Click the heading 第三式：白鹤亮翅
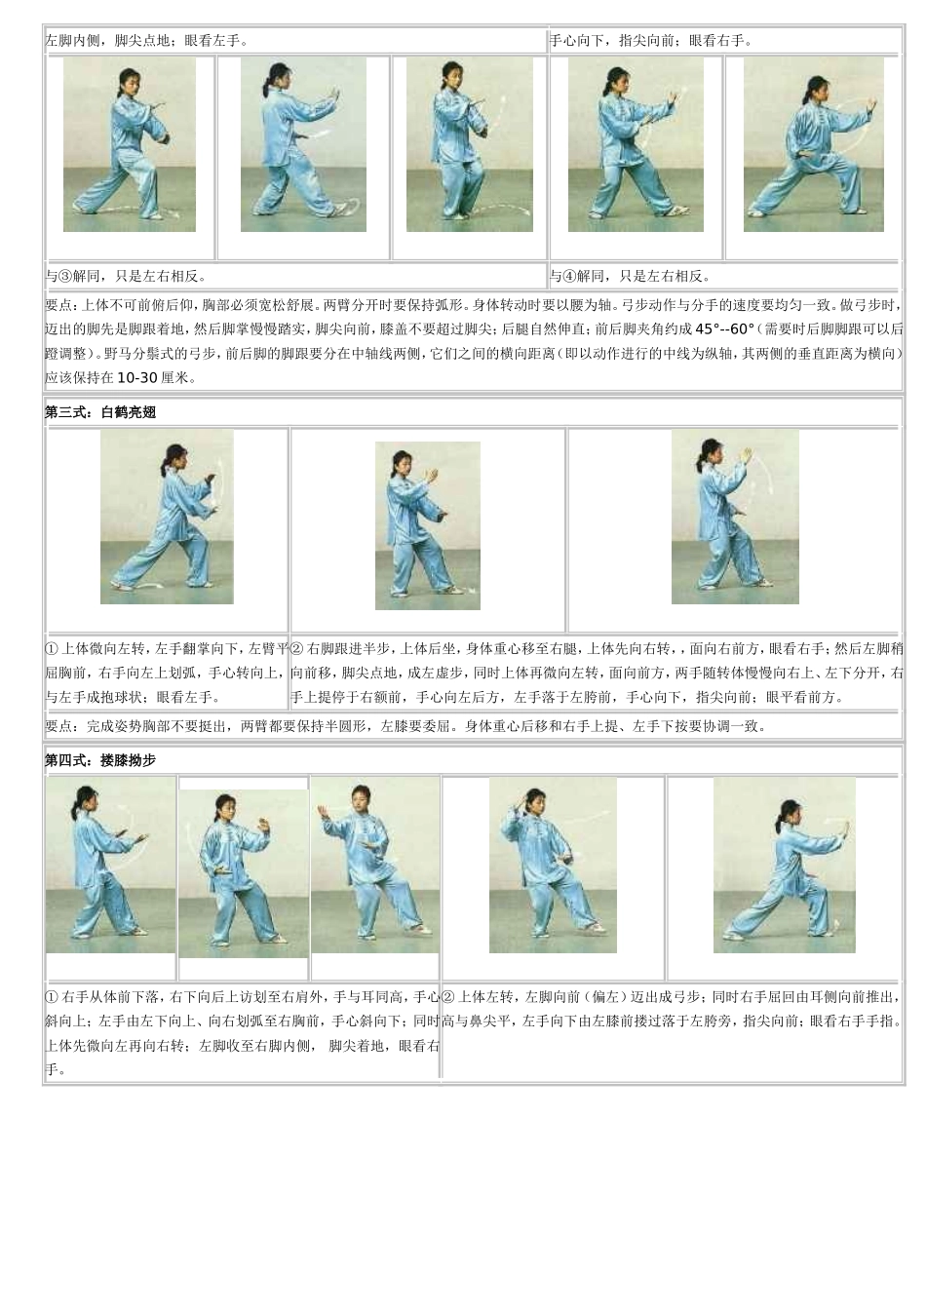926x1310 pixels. click(100, 412)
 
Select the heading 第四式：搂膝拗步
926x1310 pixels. click(100, 760)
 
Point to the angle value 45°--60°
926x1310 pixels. click(725, 329)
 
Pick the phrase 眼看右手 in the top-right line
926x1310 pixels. click(719, 41)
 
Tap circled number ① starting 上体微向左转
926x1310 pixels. click(53, 648)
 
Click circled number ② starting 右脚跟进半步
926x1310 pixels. click(297, 648)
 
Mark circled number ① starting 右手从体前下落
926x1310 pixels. click(53, 997)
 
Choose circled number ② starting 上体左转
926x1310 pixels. click(448, 997)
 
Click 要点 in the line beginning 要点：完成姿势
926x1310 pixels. click(58, 726)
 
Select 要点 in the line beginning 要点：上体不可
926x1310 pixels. click(58, 305)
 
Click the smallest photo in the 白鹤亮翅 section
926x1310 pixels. click(427, 525)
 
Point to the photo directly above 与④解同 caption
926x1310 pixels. click(636, 144)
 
